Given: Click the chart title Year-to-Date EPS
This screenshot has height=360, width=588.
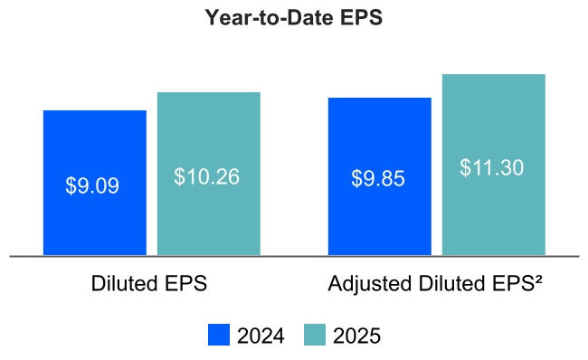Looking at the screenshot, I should coord(293,19).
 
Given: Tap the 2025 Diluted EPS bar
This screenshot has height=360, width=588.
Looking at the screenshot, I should coord(209,217).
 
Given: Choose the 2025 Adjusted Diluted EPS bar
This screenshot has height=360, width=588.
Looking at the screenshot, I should coord(493,217).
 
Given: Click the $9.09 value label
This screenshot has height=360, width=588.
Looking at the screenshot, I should coord(92,185).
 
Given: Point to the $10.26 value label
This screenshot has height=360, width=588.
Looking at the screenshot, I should coord(206,176).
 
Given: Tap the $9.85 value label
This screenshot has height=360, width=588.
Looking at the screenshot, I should coord(378,178).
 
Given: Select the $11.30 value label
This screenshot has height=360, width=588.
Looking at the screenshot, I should coord(491,167).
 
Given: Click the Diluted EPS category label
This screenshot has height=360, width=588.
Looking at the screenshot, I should coord(149,283).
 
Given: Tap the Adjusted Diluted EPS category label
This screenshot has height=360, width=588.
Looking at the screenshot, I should coord(434,283).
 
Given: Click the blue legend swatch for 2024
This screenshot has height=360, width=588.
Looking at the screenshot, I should coord(219,335).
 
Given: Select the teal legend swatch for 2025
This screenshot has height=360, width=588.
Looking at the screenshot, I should coord(314,335).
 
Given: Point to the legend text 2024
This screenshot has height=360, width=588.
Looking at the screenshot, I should coord(261,336).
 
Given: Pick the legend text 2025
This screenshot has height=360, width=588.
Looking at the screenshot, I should coord(356,336).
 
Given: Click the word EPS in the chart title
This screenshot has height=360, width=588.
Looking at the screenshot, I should coord(361,19).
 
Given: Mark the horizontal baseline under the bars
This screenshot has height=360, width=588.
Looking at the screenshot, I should coord(293,257).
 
